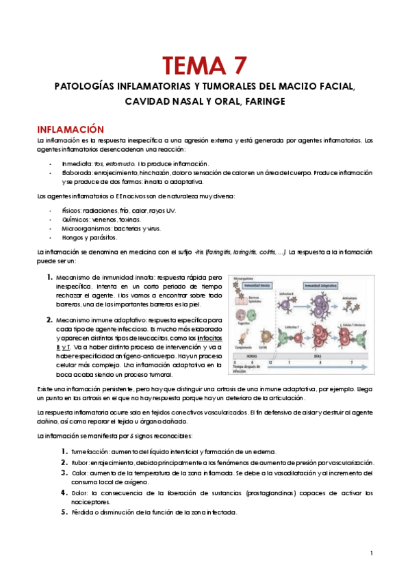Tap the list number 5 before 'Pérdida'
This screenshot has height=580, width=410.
pyautogui.click(x=64, y=512)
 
